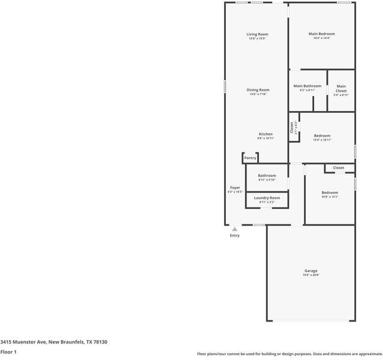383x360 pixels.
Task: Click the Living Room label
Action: (x=257, y=34)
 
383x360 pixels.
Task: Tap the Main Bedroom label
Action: (x=321, y=34)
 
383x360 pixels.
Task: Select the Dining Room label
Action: (x=258, y=90)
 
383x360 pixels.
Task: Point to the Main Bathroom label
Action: (x=307, y=86)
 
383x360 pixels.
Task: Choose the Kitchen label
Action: (x=266, y=134)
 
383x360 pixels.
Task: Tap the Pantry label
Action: (x=250, y=158)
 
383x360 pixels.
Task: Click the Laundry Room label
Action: (x=267, y=197)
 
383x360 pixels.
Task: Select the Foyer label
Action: (x=235, y=187)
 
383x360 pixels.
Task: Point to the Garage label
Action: (x=310, y=271)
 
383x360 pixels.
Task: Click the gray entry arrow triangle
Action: (x=235, y=229)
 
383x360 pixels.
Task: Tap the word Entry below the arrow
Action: (x=235, y=235)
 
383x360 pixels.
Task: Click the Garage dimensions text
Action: (x=310, y=275)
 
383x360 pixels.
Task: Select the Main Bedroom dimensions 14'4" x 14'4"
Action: (x=321, y=38)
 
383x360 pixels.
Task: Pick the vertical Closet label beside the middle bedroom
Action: (x=292, y=127)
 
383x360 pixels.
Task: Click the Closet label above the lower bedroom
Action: (x=339, y=168)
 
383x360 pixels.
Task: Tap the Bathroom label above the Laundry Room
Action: (x=267, y=176)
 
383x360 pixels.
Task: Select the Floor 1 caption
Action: (x=8, y=352)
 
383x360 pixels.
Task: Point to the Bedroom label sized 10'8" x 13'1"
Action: (x=330, y=192)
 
